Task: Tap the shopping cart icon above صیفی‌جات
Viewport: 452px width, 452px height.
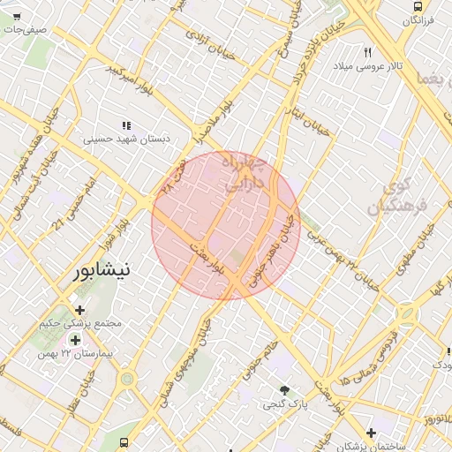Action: pos(17,17)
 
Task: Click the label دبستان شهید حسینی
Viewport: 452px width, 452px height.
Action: pos(131,139)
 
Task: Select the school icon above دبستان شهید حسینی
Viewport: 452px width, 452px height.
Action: pos(127,125)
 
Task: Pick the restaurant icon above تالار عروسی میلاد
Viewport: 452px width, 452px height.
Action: pos(367,52)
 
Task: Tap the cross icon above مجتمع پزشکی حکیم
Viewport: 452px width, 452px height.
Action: pos(80,310)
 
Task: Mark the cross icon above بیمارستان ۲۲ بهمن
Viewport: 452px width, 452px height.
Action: pos(75,340)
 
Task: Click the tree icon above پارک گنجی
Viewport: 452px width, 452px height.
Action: pos(283,390)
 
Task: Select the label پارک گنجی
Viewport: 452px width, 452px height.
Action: pos(284,405)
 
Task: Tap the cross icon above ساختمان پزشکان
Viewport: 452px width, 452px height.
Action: pos(372,433)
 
